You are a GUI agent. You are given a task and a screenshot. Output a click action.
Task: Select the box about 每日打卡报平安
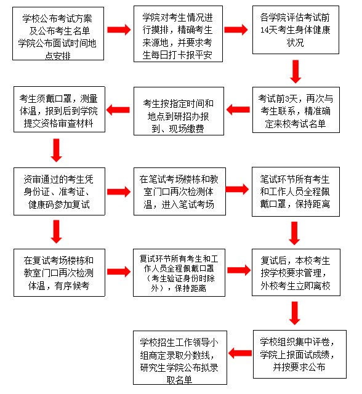pos(177,34)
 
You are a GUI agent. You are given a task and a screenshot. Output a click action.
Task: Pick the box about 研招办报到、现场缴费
pos(177,111)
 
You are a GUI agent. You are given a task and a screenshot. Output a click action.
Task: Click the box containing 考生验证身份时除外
pos(177,271)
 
